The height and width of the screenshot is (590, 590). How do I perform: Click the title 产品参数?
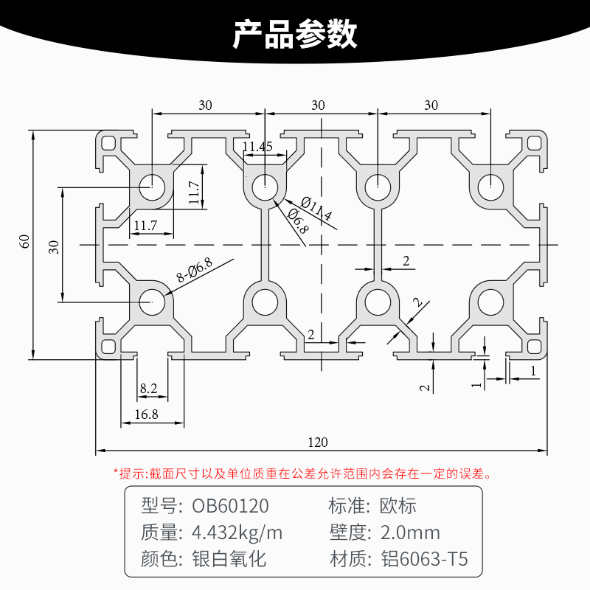point(295,34)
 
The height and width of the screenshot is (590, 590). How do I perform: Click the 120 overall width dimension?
point(318,442)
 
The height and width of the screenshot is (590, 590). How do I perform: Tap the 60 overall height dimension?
point(24,241)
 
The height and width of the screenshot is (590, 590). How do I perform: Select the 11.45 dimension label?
point(257,147)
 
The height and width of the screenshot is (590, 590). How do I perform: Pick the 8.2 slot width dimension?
point(148,388)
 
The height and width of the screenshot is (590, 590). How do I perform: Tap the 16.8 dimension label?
point(147,414)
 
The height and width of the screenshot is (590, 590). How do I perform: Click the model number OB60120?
point(230,506)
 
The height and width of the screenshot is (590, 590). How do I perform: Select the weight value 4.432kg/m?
point(237,532)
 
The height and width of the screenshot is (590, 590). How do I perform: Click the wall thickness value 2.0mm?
point(409,532)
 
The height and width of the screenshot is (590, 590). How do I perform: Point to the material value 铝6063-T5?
point(423,559)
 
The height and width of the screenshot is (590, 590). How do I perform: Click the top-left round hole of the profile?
point(152,186)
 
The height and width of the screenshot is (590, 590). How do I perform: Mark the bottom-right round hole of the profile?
point(489,302)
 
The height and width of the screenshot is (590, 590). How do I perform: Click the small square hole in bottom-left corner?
point(109,345)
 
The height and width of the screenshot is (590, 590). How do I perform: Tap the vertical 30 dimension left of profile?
point(53,247)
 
